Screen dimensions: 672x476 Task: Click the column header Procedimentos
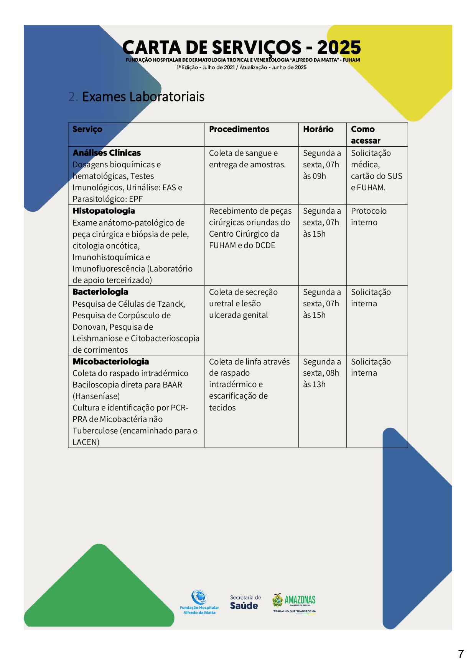tap(239, 129)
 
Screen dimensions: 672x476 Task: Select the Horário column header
tap(318, 129)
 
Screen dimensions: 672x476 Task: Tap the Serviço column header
tap(87, 129)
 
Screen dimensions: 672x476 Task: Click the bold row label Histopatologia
tap(104, 211)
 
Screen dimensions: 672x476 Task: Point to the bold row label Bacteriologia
tap(100, 292)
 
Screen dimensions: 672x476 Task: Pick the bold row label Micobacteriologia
tap(110, 361)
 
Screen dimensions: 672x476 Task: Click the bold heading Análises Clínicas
tap(107, 153)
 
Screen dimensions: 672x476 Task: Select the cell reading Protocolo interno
tap(369, 217)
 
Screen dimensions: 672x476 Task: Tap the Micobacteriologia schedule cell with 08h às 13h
tap(321, 373)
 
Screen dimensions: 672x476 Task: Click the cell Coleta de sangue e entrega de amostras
tap(247, 159)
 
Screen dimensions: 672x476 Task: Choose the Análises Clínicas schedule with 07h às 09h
tap(321, 165)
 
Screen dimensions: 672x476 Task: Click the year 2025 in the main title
tap(339, 47)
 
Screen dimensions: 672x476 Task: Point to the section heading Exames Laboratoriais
tap(143, 97)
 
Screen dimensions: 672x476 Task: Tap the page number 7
tap(461, 654)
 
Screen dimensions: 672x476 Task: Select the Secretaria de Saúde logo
tap(245, 602)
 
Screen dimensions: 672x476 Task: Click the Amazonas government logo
tap(295, 602)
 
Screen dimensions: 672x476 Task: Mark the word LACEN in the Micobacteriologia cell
tap(85, 442)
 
